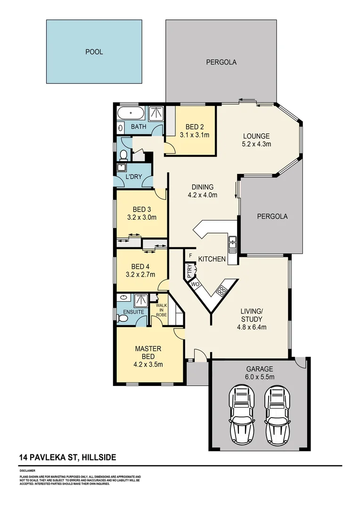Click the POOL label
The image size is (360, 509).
tap(94, 52)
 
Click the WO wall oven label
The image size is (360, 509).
tap(195, 285)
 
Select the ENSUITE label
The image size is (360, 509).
tap(134, 312)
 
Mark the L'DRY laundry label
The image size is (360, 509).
tap(134, 177)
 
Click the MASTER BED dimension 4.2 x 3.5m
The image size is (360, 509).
tap(148, 364)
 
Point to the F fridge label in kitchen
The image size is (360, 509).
tap(190, 256)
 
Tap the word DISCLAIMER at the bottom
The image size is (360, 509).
tap(27, 470)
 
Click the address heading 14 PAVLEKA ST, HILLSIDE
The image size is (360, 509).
tap(68, 457)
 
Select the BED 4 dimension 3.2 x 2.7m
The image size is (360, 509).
tap(141, 274)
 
